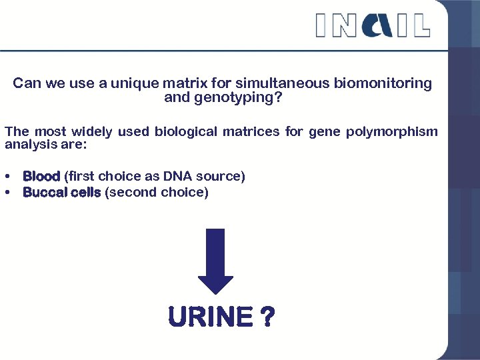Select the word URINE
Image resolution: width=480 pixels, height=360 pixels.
(x=211, y=317)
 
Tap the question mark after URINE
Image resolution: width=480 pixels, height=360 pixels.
(x=266, y=317)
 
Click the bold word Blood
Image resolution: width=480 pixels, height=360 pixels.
(x=41, y=177)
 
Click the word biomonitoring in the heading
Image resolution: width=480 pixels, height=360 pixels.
(x=383, y=83)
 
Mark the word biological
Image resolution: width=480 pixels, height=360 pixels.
(x=186, y=131)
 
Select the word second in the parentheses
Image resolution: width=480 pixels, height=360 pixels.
(x=131, y=193)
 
